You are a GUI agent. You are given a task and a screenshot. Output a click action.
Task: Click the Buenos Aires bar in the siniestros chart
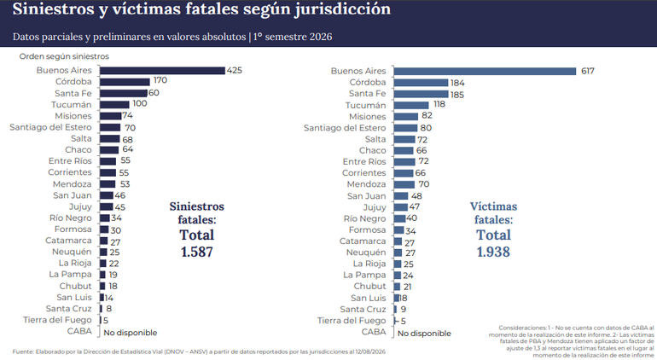point(163,71)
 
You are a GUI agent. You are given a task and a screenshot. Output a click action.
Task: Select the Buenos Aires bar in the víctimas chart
point(485,72)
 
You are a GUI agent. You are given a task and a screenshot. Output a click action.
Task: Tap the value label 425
point(235,71)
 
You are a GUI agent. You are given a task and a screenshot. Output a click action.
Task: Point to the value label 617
point(587,72)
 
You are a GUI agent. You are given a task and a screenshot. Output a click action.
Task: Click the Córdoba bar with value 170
point(125,82)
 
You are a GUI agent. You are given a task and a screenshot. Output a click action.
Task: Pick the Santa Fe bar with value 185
point(422,95)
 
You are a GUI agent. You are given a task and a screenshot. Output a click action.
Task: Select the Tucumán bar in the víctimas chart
point(411,105)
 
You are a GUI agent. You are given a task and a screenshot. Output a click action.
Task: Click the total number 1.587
point(197,252)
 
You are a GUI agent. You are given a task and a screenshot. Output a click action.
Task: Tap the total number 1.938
point(493,252)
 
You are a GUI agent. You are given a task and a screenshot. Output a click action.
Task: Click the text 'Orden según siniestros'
point(64,56)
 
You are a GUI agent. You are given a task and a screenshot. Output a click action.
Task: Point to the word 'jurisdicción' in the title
point(342,9)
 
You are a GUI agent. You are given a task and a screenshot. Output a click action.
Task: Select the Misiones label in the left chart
point(73,116)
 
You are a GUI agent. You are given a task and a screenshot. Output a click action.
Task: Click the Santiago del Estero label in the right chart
point(345,128)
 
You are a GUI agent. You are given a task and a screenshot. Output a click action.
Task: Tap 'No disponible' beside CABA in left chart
point(131,333)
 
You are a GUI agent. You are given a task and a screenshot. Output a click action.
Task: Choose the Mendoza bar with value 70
point(404,185)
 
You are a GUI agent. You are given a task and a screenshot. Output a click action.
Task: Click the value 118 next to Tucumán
point(439,104)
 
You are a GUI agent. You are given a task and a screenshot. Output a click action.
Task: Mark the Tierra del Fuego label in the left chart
point(57,320)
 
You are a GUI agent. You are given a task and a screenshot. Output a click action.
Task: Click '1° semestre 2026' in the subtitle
point(292,37)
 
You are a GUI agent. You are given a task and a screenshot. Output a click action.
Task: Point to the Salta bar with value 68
point(110,139)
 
